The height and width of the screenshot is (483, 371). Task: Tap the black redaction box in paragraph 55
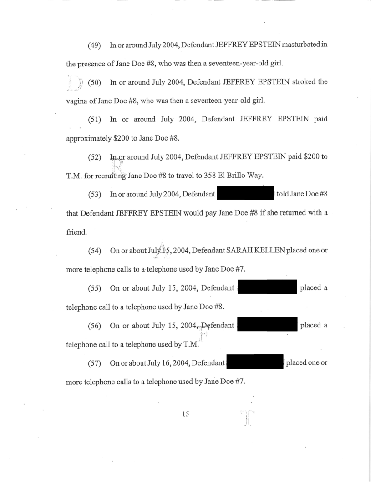pyautogui.click(x=266, y=288)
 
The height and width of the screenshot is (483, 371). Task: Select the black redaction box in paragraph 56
pyautogui.click(x=266, y=326)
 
